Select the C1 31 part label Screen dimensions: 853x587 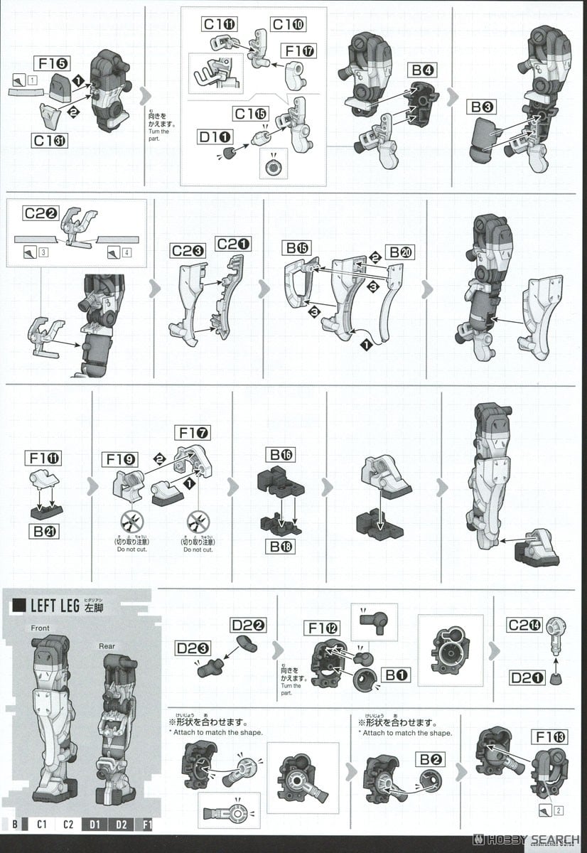click(50, 140)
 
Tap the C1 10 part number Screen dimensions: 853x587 click(289, 25)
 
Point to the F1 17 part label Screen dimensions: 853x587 click(300, 51)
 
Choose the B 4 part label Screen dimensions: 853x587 click(423, 70)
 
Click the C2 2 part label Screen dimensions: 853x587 click(42, 213)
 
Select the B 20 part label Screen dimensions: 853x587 click(401, 252)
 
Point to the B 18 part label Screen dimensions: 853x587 click(281, 546)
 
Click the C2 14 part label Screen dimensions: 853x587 click(524, 625)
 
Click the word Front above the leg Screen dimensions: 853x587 click(41, 628)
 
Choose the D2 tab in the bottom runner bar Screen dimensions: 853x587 click(122, 824)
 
